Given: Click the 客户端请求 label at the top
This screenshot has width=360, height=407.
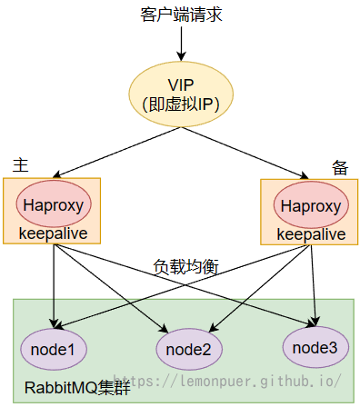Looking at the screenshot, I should tap(181, 15).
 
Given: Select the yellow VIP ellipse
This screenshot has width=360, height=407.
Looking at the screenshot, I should tap(181, 94).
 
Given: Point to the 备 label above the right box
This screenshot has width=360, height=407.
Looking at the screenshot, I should tap(340, 166).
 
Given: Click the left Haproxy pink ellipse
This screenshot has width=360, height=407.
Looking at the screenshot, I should tap(53, 205).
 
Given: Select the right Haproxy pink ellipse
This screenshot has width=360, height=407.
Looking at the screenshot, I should tap(310, 206).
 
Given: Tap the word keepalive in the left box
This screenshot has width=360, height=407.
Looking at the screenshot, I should tap(53, 234).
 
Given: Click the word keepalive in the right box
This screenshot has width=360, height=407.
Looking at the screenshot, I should tap(310, 235).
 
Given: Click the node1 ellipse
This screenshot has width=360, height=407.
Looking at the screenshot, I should tap(53, 349).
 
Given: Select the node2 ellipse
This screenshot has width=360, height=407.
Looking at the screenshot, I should tap(188, 349).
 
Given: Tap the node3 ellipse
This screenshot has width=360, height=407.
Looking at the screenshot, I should tap(315, 346).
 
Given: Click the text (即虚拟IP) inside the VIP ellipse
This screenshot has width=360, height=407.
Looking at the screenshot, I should tap(181, 104).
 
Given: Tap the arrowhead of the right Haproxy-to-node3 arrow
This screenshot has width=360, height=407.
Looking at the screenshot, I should tap(315, 321).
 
